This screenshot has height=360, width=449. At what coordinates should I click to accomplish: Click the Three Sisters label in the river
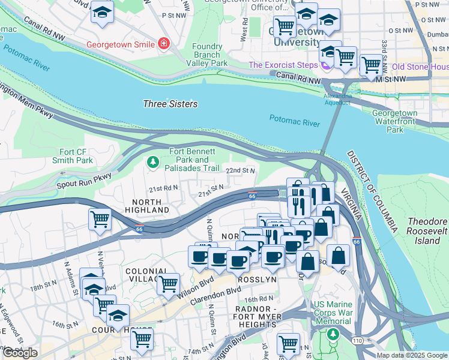pos(170,104)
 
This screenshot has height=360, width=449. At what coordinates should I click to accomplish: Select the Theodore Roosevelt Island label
pos(427,231)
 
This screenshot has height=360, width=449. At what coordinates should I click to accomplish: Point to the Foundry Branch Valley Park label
pos(206,55)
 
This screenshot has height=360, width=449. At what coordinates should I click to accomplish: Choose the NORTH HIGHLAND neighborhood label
pos(147,206)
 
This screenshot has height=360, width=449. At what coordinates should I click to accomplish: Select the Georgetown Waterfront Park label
pos(394,121)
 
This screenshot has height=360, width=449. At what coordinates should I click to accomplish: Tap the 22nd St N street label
pos(241,171)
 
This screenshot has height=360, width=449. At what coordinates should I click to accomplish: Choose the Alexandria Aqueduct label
pos(337,99)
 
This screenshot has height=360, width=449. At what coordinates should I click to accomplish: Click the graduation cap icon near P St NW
pos(103,12)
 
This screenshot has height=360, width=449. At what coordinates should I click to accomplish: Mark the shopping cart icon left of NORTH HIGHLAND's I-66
pos(100,220)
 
